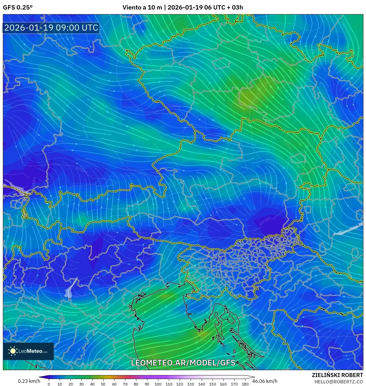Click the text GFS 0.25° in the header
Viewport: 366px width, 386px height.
18,8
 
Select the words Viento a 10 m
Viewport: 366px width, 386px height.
142,8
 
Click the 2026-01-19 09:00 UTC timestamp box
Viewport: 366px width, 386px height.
51,28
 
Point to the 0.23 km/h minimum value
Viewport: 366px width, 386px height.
29,381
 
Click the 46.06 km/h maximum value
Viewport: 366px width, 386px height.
265,381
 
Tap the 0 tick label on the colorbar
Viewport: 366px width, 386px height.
49,384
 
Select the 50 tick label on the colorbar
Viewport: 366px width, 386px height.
103,384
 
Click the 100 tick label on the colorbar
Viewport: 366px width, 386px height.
158,384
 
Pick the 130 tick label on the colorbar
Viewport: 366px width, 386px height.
191,384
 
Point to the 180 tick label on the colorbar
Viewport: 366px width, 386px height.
245,384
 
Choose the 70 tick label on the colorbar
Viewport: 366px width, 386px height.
125,384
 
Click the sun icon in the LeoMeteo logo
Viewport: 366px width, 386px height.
13,351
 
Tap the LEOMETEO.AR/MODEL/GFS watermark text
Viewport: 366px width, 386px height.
183,363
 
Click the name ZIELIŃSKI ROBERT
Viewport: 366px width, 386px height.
337,375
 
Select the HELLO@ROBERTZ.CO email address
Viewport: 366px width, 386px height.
339,382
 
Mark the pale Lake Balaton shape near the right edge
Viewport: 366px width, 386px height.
348,228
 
